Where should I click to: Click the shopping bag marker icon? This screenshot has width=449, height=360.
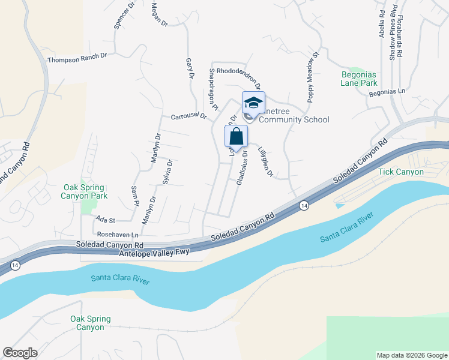(237, 136)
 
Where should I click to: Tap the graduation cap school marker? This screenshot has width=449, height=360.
(253, 103)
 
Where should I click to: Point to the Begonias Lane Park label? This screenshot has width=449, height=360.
(359, 79)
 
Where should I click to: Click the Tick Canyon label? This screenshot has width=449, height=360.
(401, 172)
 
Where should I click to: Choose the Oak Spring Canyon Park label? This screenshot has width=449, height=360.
(85, 191)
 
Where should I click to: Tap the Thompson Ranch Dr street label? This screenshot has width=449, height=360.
(77, 57)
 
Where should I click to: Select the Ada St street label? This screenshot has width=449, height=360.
(105, 221)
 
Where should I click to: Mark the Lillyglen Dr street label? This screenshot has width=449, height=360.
(265, 162)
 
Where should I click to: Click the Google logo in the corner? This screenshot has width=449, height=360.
(20, 353)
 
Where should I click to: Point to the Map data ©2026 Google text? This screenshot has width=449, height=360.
(412, 355)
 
